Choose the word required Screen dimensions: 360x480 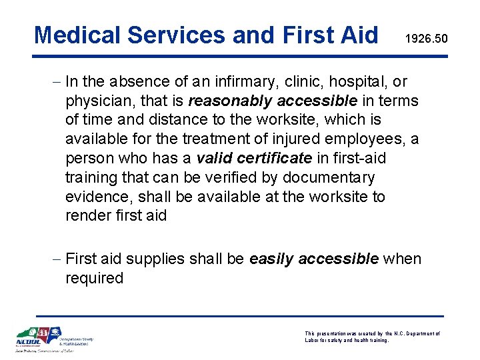tap(94, 278)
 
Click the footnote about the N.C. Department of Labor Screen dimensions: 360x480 tap(372, 337)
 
